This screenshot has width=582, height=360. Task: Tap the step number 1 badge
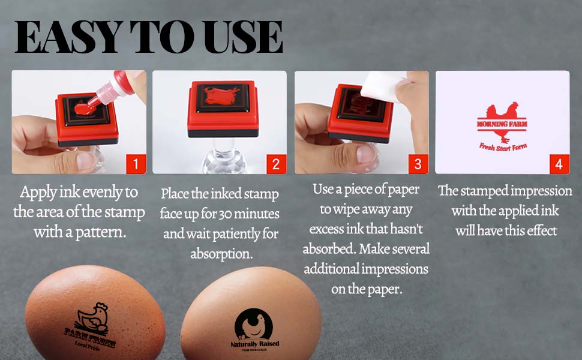coord(136,163)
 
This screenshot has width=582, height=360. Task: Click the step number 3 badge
coord(417,163)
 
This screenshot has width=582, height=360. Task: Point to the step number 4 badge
coord(558,163)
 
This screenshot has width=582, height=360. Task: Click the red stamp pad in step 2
coord(219,108)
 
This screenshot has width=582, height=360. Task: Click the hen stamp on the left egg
coord(94,317)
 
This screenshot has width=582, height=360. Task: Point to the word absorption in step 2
coord(221,253)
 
